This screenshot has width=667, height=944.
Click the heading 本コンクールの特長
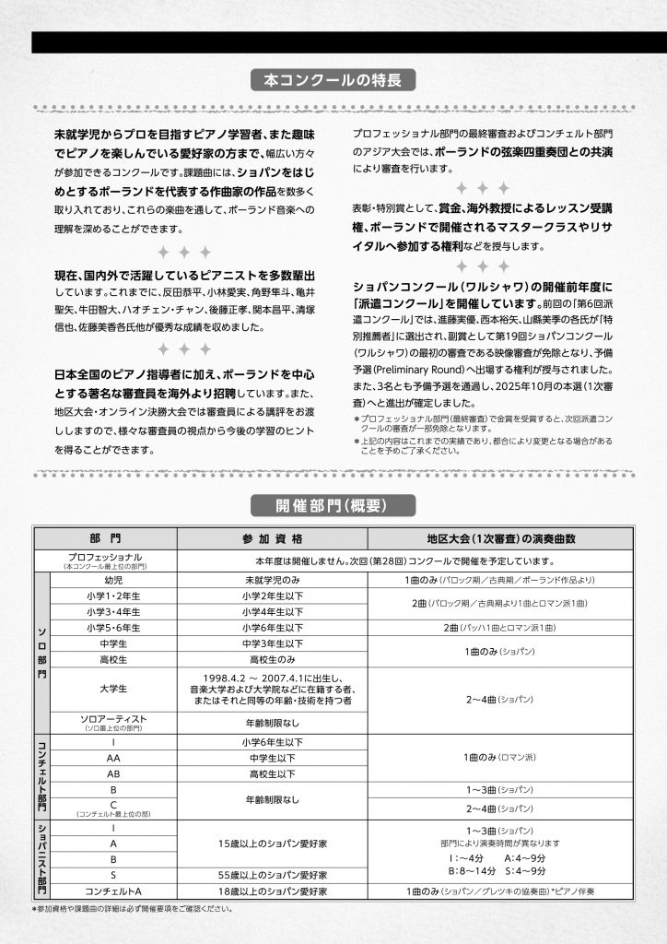pos(333,81)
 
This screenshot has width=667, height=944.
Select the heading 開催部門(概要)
pos(333,505)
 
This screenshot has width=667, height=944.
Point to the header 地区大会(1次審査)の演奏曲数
pos(501,538)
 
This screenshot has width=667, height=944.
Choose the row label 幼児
pos(114,581)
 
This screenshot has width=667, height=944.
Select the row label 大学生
pos(114,689)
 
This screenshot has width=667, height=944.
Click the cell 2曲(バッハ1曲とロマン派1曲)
pos(501,627)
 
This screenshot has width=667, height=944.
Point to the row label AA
pos(114,758)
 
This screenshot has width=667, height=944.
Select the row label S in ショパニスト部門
pos(114,874)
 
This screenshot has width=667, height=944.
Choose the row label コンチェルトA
pos(114,891)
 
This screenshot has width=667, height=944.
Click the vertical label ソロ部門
pos(41,650)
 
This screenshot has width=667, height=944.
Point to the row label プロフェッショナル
pos(105,560)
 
